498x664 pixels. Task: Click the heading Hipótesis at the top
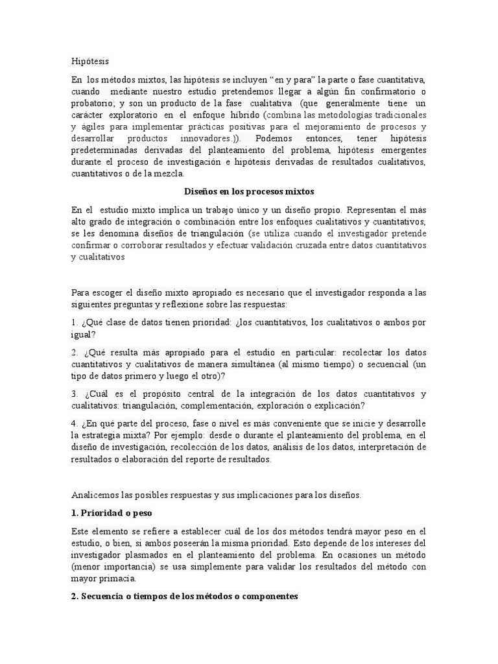click(x=90, y=62)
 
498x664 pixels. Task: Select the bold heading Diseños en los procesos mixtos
click(x=248, y=192)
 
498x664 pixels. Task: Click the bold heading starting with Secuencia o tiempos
click(x=184, y=597)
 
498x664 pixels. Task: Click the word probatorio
click(x=93, y=104)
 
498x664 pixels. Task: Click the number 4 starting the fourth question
click(x=74, y=423)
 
